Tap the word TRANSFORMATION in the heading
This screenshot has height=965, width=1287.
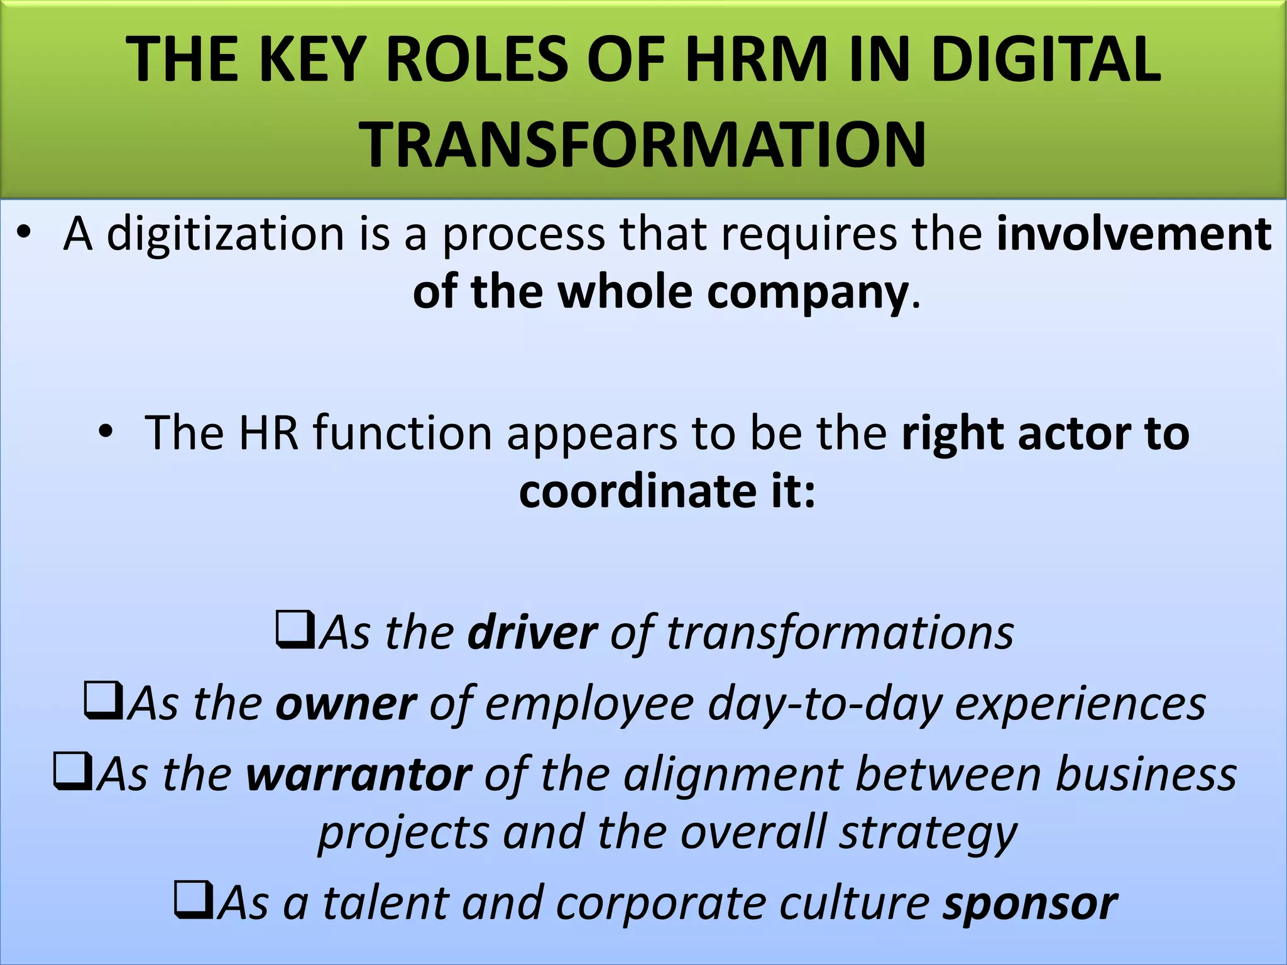tap(642, 145)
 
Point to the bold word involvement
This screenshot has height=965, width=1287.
tap(1134, 234)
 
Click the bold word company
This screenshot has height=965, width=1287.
tap(808, 292)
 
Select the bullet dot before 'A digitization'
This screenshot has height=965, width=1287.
tap(24, 234)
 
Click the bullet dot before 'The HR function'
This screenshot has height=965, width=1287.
tap(106, 432)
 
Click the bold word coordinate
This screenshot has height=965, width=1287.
tap(638, 491)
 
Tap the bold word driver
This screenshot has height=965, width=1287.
tap(532, 633)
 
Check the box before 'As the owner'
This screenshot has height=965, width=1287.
tap(102, 701)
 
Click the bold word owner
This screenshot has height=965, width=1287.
tap(346, 704)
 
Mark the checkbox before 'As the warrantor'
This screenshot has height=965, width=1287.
tap(73, 771)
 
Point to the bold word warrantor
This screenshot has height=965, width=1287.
tap(359, 775)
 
